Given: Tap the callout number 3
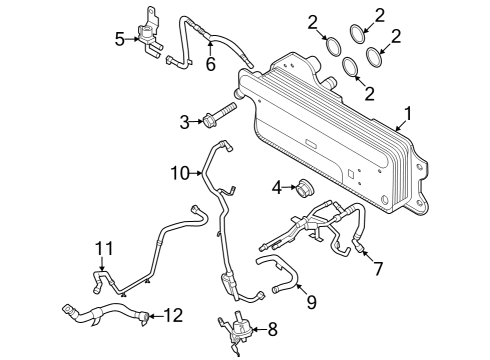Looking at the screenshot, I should pyautogui.click(x=184, y=122).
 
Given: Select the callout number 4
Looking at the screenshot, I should pyautogui.click(x=277, y=186).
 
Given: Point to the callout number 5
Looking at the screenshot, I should pyautogui.click(x=120, y=39).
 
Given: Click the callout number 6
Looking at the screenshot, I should pyautogui.click(x=210, y=64).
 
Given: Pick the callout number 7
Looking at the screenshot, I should pyautogui.click(x=378, y=268).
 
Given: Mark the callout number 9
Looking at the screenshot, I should pyautogui.click(x=311, y=300).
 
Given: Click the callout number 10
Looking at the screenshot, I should pyautogui.click(x=178, y=173).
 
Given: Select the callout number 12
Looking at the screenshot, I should pyautogui.click(x=174, y=316).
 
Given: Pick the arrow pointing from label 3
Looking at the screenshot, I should pyautogui.click(x=197, y=122).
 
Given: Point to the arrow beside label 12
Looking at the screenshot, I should pyautogui.click(x=155, y=316).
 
